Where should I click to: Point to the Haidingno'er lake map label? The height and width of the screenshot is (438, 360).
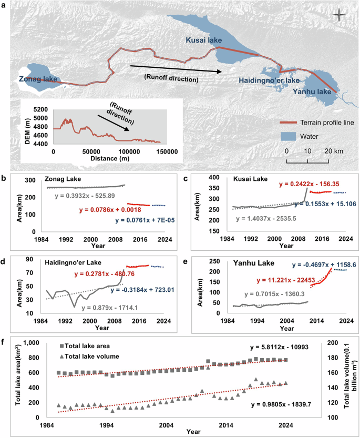(x=269, y=80)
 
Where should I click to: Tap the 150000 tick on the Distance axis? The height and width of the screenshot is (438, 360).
(x=166, y=151)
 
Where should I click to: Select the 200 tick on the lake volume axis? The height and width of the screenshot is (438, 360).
(x=331, y=342)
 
